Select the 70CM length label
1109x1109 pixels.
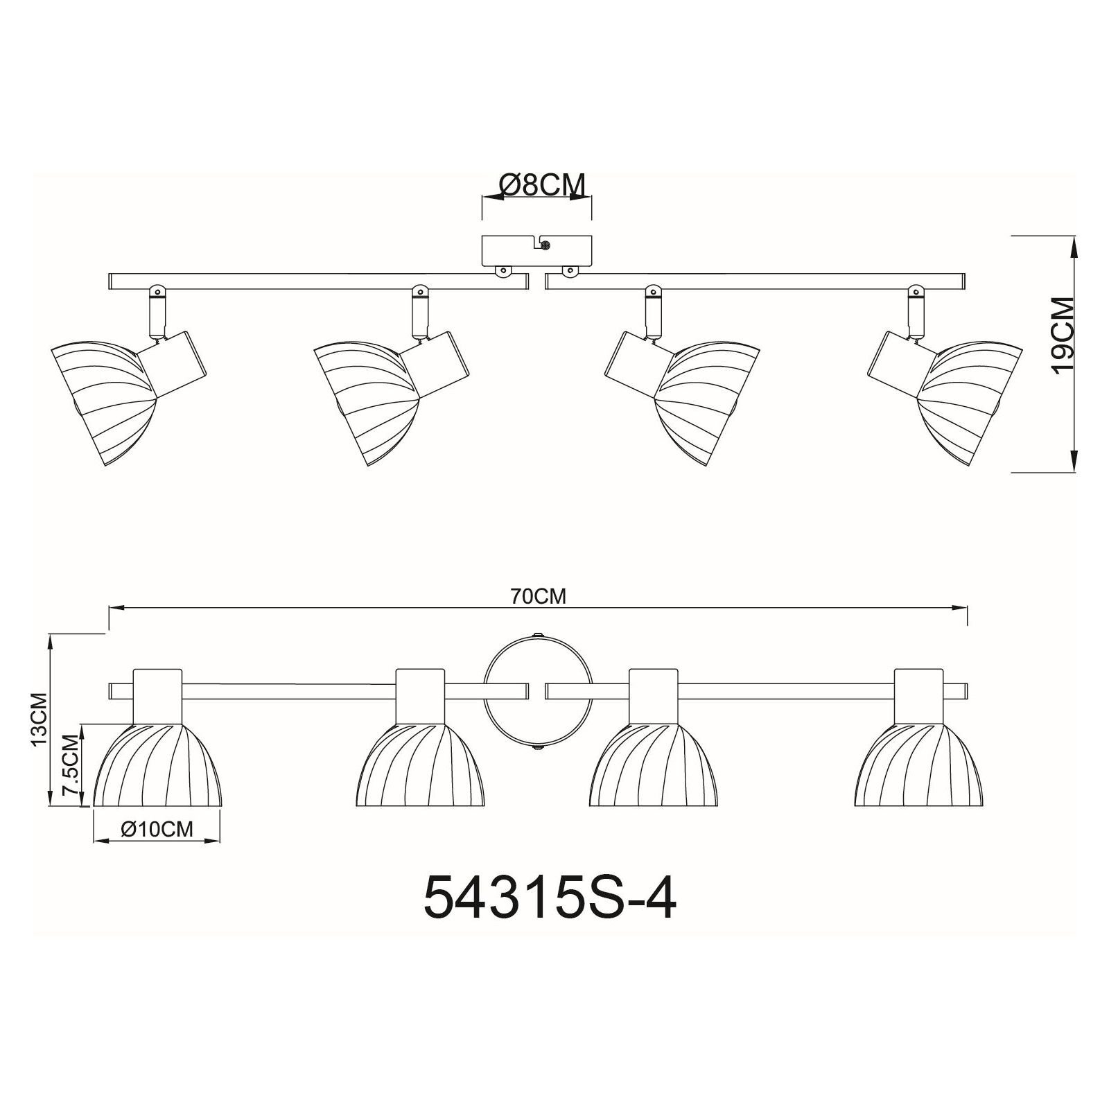pos(538,597)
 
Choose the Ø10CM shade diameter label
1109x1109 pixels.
pos(157,828)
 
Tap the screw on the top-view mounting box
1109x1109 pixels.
pos(546,245)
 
